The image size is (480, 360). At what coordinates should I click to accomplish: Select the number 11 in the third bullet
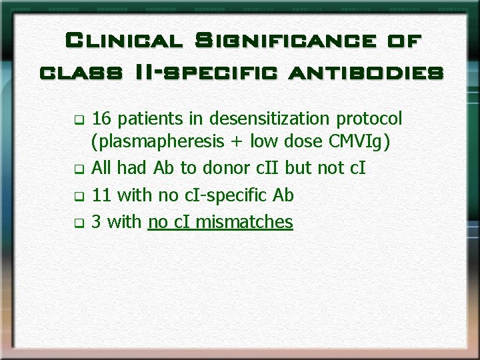(101, 195)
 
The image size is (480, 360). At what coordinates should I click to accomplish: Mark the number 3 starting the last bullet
(96, 221)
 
